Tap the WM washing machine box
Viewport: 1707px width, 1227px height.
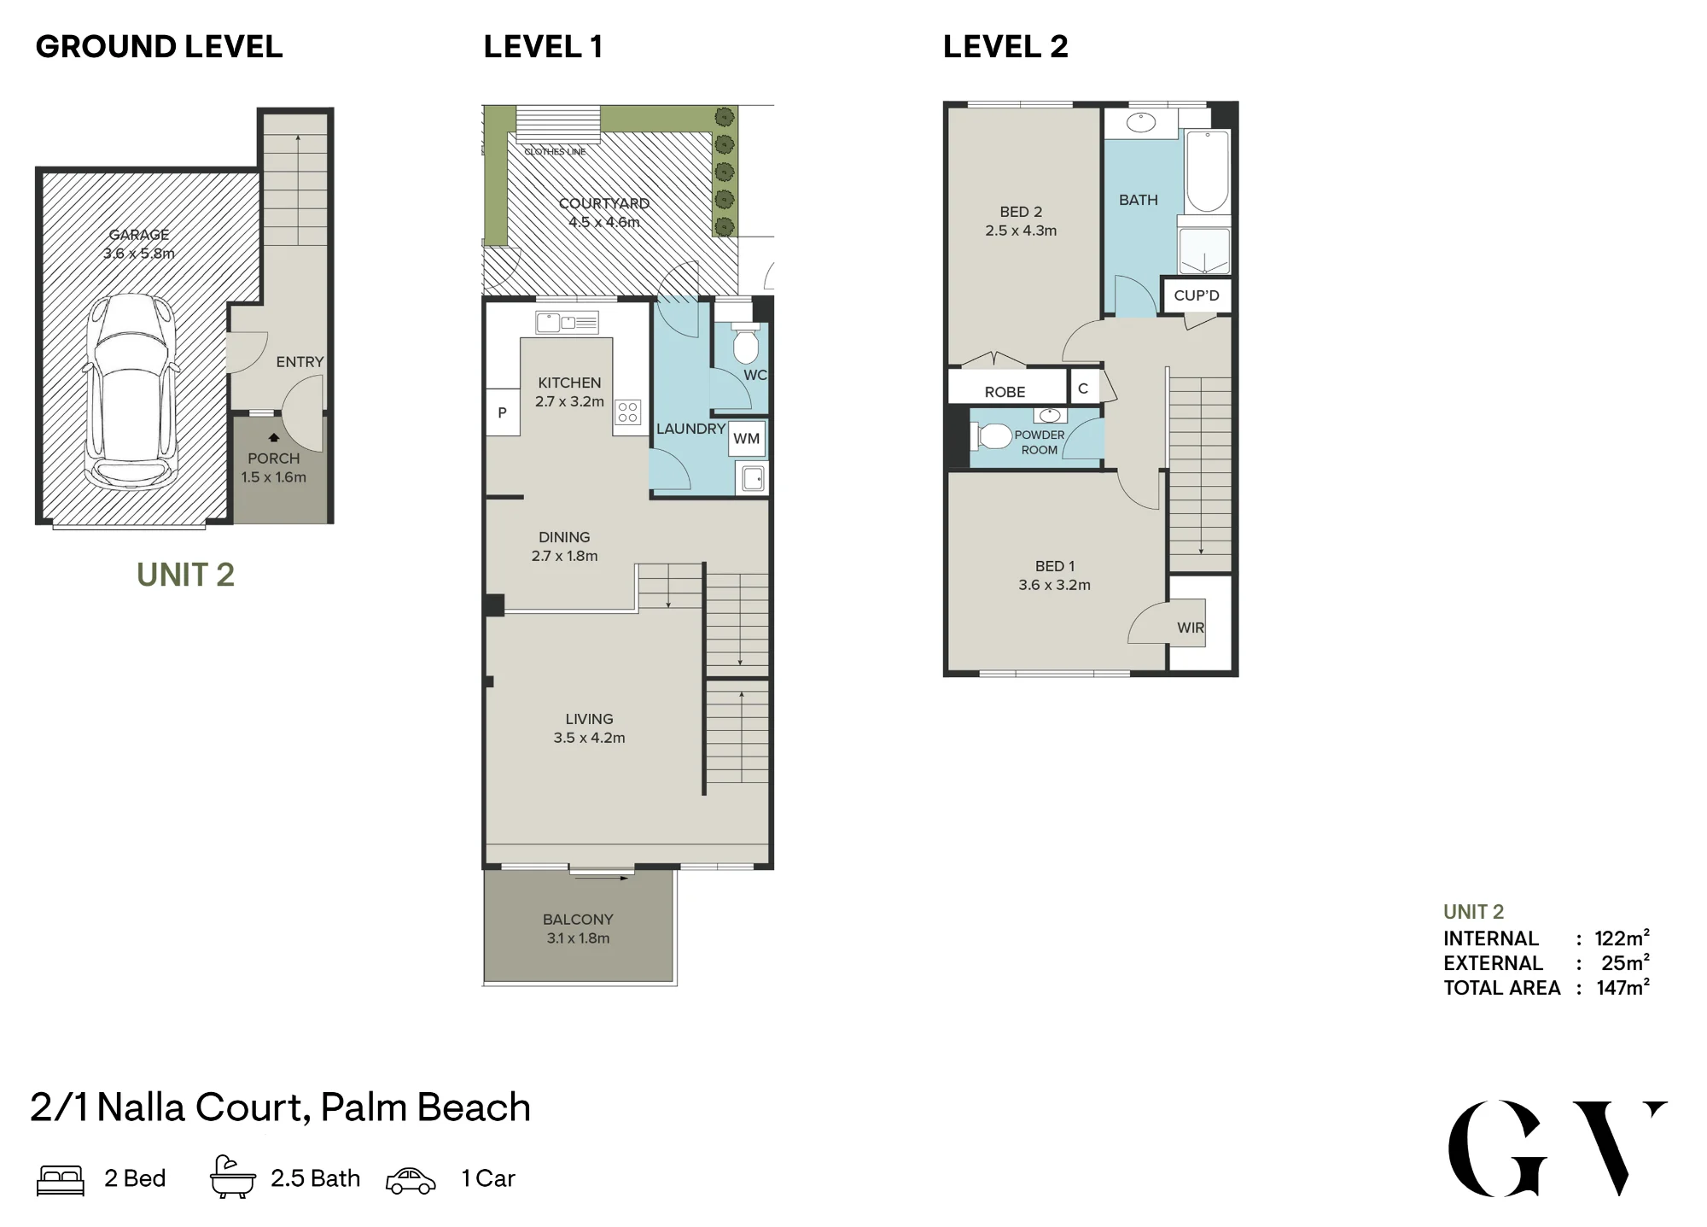[747, 439]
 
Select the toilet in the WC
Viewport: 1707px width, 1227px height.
[746, 342]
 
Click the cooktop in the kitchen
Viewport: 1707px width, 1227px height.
[628, 412]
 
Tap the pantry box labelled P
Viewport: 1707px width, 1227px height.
[503, 412]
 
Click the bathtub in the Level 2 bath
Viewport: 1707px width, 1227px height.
[1207, 172]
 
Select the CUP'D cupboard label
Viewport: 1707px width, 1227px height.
[1197, 295]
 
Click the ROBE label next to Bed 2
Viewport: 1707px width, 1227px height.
[1005, 392]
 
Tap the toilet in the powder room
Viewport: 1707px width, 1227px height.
[993, 437]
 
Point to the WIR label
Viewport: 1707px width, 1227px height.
[1191, 628]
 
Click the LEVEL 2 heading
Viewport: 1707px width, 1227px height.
[1005, 47]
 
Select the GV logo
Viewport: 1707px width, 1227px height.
[1558, 1148]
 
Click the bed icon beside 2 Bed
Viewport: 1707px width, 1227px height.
[61, 1180]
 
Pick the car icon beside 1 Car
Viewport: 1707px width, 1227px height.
[411, 1181]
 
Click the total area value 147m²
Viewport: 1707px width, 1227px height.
[1623, 987]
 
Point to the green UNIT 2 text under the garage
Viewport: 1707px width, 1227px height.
[185, 575]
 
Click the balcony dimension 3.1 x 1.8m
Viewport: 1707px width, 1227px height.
[578, 938]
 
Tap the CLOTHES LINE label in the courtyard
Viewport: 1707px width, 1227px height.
[555, 152]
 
